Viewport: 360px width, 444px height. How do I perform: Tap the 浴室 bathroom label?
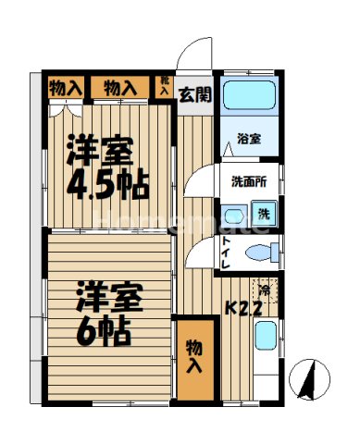(248, 140)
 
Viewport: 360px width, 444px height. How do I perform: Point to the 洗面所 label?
(249, 181)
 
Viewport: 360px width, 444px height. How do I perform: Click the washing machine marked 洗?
(264, 216)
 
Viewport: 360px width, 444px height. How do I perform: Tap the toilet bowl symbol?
(262, 250)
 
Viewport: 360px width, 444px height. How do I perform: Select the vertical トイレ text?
(227, 252)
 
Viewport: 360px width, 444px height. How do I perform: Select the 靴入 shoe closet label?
(164, 87)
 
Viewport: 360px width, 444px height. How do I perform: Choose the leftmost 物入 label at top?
(64, 88)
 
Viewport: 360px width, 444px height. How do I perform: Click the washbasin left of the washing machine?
(232, 215)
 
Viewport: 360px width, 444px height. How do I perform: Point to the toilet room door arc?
(199, 254)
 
